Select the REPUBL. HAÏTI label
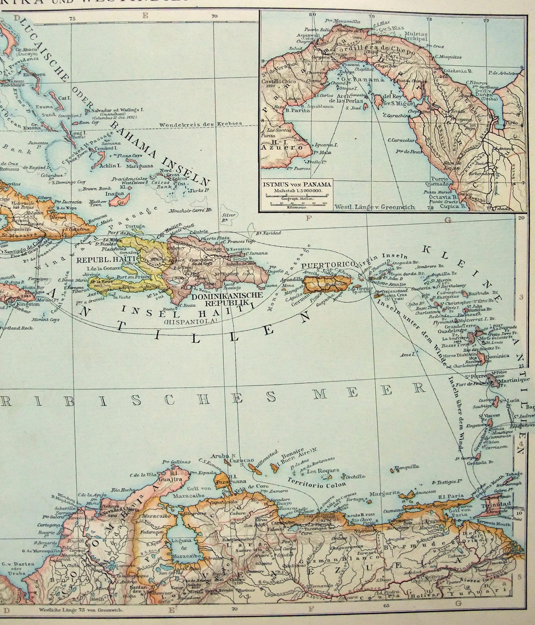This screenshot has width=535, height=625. pyautogui.click(x=98, y=260)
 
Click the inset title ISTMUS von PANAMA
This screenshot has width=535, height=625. pyautogui.click(x=297, y=184)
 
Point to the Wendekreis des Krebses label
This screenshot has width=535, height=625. pyautogui.click(x=200, y=124)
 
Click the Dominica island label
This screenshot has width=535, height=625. pyautogui.click(x=497, y=356)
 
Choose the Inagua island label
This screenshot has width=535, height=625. pyautogui.click(x=113, y=194)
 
